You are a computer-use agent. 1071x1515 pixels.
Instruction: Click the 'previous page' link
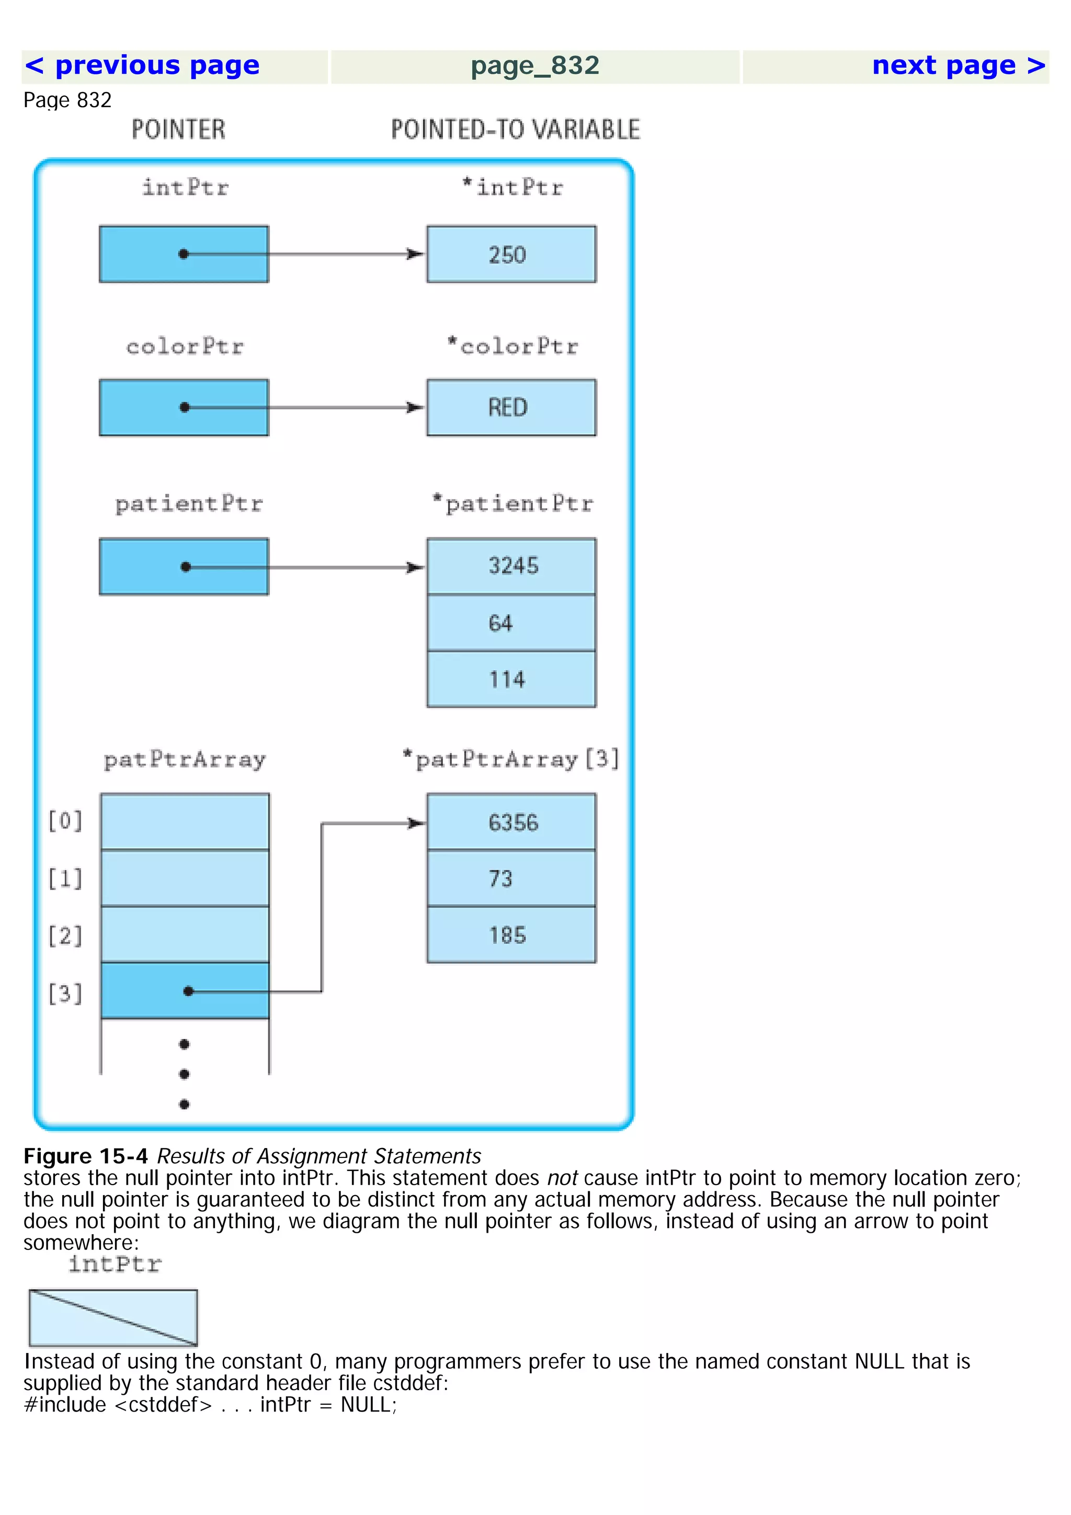tap(142, 66)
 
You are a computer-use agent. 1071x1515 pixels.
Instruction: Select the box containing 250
tap(511, 255)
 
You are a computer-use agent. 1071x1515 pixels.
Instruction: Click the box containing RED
tap(511, 407)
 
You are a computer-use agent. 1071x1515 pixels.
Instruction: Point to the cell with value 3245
tap(511, 566)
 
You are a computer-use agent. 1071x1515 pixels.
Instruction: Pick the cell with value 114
tap(511, 680)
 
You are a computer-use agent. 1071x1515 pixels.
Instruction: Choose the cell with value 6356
tap(511, 822)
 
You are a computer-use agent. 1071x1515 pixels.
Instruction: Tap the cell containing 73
tap(511, 879)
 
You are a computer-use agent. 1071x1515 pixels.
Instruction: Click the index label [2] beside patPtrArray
tap(65, 936)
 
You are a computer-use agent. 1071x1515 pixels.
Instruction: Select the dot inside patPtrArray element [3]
tap(188, 991)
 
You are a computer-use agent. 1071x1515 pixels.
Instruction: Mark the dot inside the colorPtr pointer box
tap(185, 407)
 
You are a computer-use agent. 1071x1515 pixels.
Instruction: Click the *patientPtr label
tap(512, 503)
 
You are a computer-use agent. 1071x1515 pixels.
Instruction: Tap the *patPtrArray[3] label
tap(511, 760)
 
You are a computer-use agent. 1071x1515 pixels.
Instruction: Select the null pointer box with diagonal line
tap(113, 1318)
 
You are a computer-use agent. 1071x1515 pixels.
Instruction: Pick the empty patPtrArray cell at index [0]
tap(185, 821)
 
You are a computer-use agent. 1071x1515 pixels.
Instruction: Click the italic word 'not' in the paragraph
tap(562, 1178)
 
